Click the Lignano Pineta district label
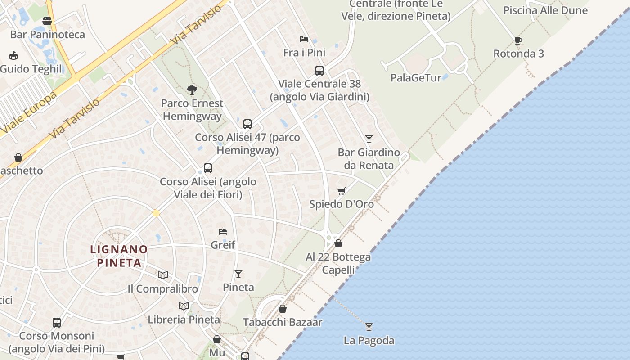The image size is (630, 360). point(119,256)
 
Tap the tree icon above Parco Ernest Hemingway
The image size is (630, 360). point(192,90)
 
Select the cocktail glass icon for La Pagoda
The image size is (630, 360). point(369,327)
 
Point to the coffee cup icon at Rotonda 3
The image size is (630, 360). point(518,41)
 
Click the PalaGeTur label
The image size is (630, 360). point(416,78)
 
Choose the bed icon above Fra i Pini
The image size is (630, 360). point(304,39)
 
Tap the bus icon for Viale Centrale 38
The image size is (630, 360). point(319,71)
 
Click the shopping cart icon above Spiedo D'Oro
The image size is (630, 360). point(342,191)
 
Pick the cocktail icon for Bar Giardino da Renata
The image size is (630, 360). point(369,139)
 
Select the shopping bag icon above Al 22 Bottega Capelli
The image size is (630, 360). point(338,243)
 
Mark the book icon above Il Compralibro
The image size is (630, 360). point(163,275)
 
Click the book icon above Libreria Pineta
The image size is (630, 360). point(184,306)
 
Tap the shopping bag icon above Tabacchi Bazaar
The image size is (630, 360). point(283,309)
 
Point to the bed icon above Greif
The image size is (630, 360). point(223,232)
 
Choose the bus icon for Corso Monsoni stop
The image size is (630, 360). point(57,322)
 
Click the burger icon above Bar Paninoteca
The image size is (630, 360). point(47,21)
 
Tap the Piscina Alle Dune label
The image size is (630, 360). point(545,10)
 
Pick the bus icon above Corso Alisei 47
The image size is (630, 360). point(247,124)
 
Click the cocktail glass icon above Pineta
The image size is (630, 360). point(238,274)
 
